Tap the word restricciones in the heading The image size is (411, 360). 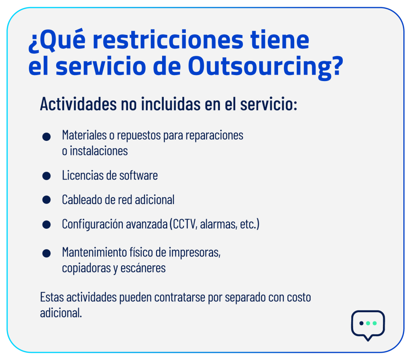[168, 40]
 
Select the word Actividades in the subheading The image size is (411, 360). [78, 104]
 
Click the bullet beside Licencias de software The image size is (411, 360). [47, 176]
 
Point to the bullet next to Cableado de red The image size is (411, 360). [47, 199]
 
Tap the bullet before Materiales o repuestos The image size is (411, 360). [47, 136]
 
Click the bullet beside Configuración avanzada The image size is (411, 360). [47, 224]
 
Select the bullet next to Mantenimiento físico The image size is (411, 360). [47, 253]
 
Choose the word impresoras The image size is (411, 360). [195, 253]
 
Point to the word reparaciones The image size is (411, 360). [214, 136]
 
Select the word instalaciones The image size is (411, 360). [99, 151]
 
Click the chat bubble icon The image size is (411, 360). [368, 325]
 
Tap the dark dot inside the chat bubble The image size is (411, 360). [361, 323]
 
